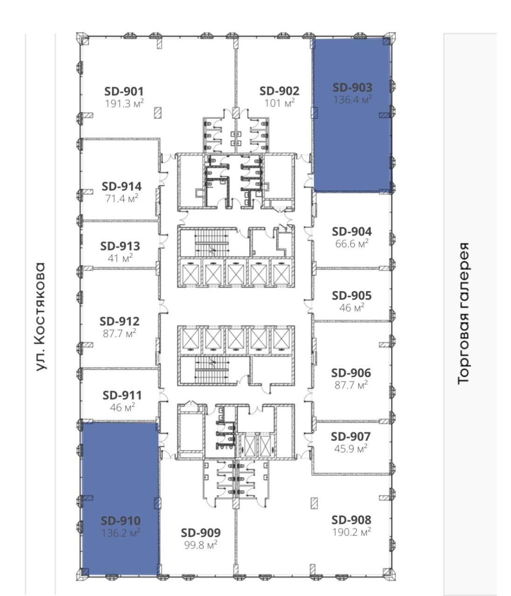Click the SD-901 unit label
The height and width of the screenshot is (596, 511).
click(x=124, y=92)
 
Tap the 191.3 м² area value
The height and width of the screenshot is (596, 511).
click(x=124, y=103)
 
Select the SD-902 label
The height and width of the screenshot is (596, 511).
click(x=279, y=91)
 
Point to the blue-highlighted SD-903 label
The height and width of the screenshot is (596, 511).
click(x=352, y=88)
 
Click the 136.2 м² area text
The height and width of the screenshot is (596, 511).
click(x=121, y=533)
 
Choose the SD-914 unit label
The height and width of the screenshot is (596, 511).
click(x=122, y=187)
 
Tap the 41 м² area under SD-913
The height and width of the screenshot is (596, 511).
click(x=120, y=258)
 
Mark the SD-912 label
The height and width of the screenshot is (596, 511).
click(x=119, y=321)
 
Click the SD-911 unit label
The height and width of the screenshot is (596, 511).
click(x=122, y=395)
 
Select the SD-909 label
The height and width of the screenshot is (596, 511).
click(x=200, y=533)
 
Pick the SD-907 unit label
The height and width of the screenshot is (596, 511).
click(x=351, y=437)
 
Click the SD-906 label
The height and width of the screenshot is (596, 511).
click(x=351, y=373)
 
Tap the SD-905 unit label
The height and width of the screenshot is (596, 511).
click(x=352, y=296)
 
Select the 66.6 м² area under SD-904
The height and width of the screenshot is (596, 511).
click(x=352, y=244)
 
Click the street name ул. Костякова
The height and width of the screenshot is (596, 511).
click(x=40, y=316)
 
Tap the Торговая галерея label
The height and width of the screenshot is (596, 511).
click(x=463, y=313)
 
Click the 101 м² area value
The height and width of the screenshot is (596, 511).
click(x=279, y=103)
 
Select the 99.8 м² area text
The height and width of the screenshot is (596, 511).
click(x=200, y=545)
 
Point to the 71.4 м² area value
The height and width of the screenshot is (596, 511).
click(x=122, y=199)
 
